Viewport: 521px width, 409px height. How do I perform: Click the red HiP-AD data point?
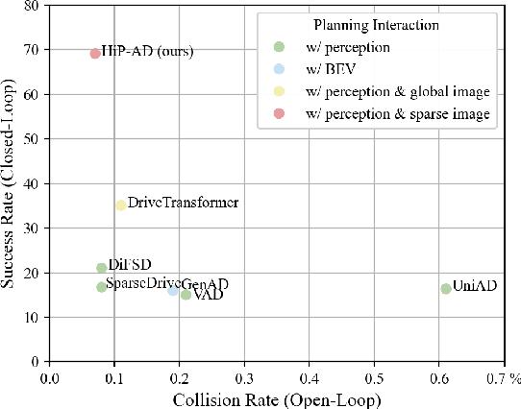pos(95,54)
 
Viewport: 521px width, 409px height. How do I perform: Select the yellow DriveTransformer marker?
pos(121,205)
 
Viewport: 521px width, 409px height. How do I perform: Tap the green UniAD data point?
pos(446,289)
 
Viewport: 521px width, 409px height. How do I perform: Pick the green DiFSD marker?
pos(102,268)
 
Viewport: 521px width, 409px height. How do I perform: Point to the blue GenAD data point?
pos(173,290)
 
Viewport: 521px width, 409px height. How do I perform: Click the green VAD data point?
pos(186,295)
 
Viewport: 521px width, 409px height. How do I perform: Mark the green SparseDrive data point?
pos(102,287)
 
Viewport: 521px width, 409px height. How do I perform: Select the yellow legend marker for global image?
pos(279,92)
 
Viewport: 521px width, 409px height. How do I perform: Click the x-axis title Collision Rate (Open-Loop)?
pos(277,397)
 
